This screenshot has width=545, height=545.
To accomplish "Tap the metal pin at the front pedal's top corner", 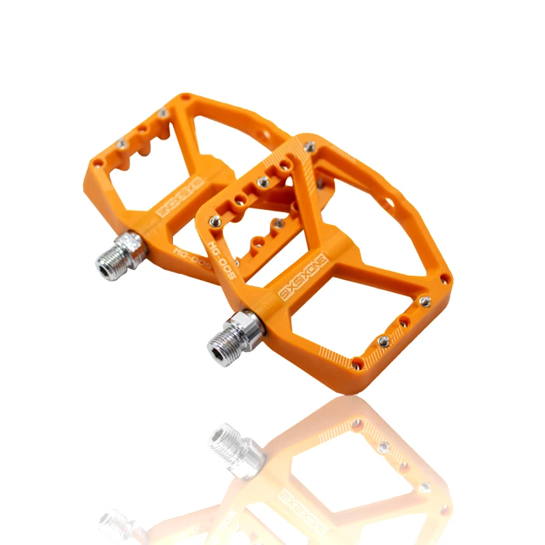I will click(x=311, y=146).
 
